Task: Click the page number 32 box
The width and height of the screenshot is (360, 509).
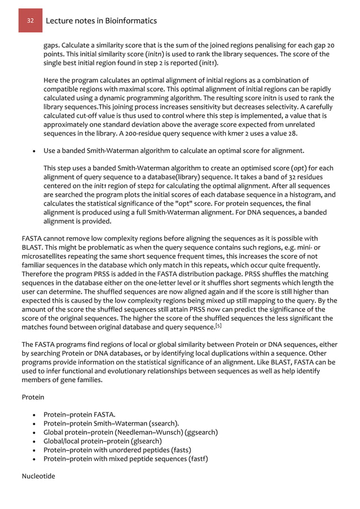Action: pos(29,21)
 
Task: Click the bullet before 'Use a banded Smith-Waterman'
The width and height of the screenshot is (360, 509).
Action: pos(36,151)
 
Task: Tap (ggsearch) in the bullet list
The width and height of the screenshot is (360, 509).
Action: pos(197,432)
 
